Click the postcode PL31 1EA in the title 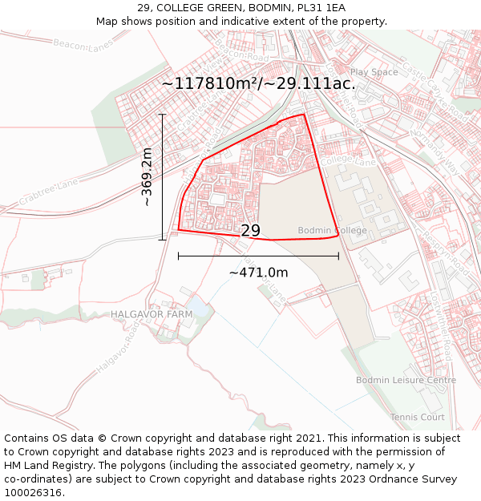point(321,8)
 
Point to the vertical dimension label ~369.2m point(147,177)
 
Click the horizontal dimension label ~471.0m point(258,273)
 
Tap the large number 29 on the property point(251,231)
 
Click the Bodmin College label point(332,231)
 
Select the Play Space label point(374,72)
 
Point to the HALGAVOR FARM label point(152,314)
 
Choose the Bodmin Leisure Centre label point(406,380)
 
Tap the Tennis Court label point(417,417)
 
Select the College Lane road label point(350,162)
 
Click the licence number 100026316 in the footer point(34,492)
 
